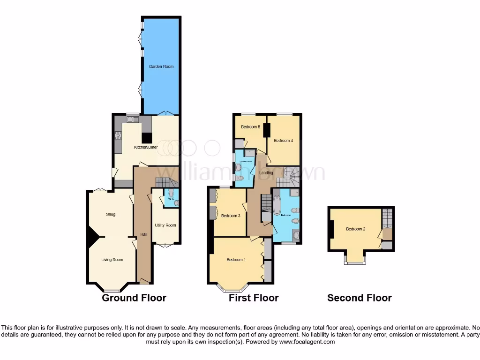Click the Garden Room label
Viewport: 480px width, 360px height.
(161, 67)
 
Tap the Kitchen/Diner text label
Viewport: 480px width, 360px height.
(146, 147)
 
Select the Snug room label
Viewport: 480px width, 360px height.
(111, 214)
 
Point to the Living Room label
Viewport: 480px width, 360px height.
(112, 260)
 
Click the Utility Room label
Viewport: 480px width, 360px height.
(165, 225)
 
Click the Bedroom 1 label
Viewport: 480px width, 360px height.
(236, 260)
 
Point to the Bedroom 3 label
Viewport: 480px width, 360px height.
(231, 216)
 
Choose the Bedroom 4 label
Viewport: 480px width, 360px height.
(283, 141)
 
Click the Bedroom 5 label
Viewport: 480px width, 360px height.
(250, 127)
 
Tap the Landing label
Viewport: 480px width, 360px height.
(266, 173)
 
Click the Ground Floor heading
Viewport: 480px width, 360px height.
(134, 298)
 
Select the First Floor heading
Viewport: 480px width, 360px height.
(254, 298)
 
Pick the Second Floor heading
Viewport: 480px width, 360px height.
(360, 298)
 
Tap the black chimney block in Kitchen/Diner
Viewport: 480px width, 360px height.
(147, 138)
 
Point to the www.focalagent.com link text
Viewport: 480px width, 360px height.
(306, 342)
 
